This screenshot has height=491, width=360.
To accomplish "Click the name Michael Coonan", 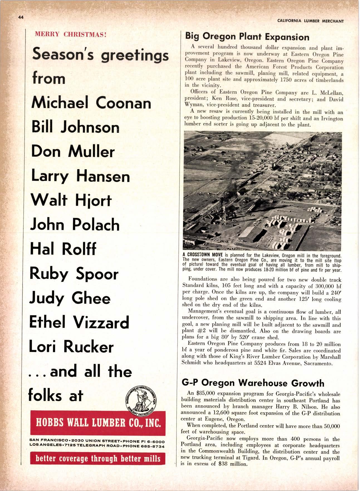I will point(91,103).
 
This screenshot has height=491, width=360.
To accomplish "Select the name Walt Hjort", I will point(71,200).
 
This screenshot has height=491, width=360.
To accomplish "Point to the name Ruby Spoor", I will point(74,274).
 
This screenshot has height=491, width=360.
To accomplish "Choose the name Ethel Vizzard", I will point(79,322).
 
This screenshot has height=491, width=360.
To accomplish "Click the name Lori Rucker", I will point(71,347).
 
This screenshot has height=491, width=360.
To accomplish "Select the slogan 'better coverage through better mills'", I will point(98,458).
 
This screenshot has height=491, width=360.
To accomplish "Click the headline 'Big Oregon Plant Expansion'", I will point(247,37).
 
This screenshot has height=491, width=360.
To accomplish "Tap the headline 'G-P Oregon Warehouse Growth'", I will point(253,383).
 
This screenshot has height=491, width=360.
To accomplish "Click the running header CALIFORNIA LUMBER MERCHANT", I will point(310,21).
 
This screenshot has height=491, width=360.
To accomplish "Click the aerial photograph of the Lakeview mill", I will point(262,191).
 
